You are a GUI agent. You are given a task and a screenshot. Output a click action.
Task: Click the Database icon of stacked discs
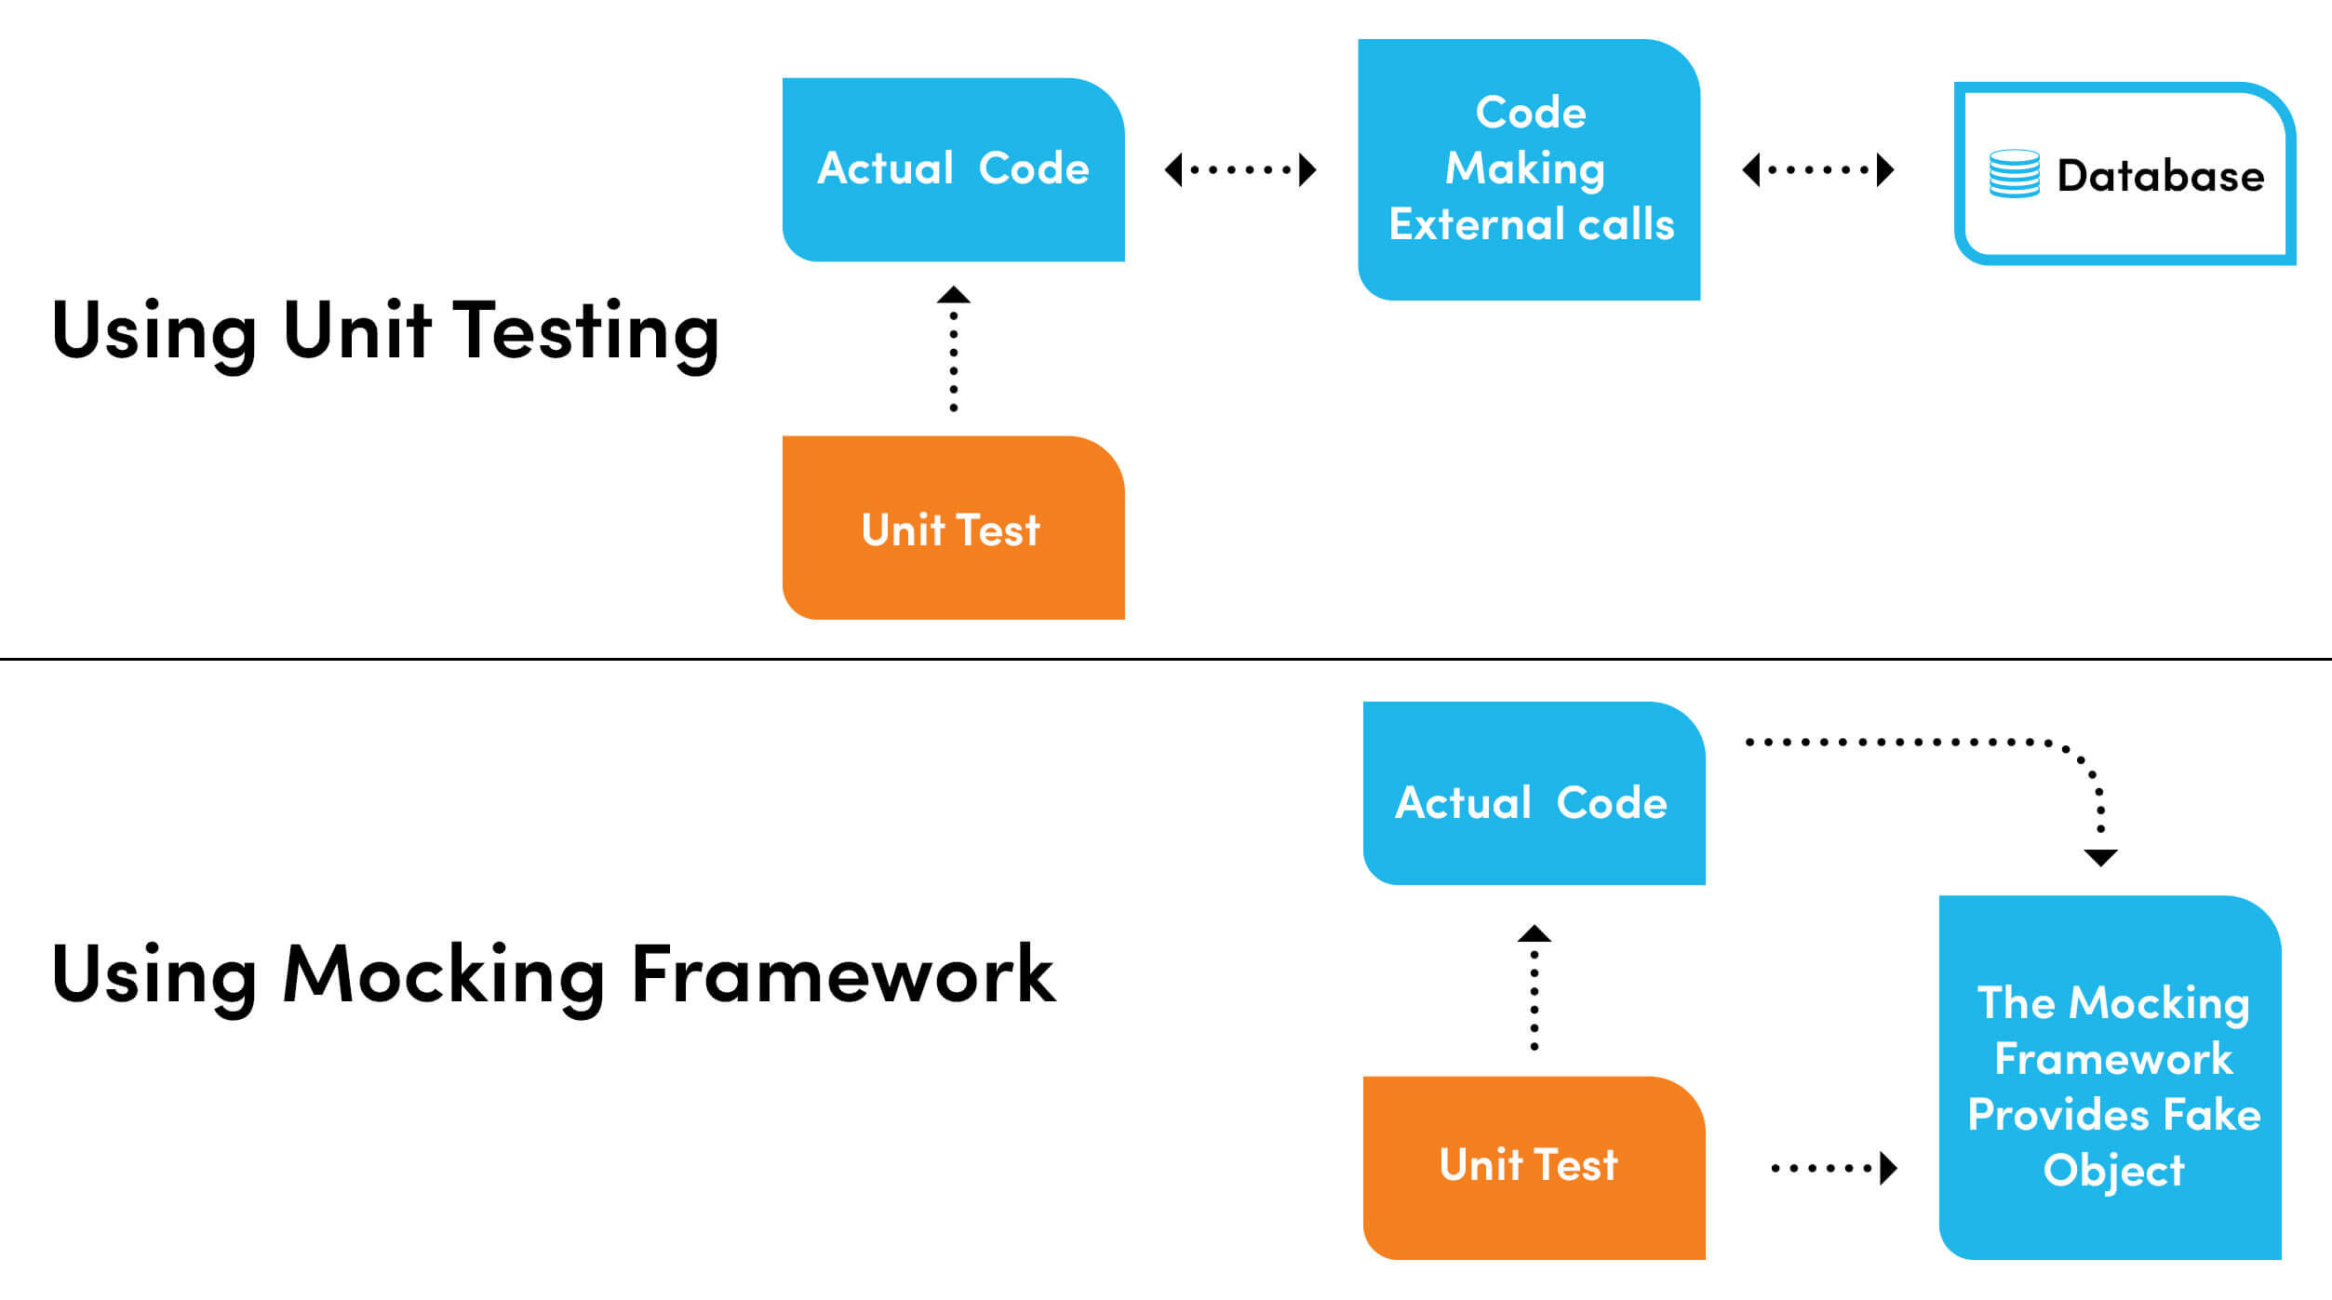tap(2014, 174)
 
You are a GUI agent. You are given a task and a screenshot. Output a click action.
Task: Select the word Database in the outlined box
tap(2160, 176)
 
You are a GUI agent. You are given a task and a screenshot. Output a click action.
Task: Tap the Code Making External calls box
tap(1529, 169)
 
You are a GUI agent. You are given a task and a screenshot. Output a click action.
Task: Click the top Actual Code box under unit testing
tap(953, 169)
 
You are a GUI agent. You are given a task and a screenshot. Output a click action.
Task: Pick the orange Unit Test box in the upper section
tap(953, 528)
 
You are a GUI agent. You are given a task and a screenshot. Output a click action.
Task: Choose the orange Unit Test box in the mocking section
tap(1533, 1167)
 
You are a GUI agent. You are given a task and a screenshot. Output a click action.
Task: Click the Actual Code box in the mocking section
tap(1533, 793)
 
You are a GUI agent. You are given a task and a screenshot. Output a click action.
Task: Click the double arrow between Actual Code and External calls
tap(1240, 169)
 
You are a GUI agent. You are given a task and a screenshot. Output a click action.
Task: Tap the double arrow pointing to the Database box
tap(1817, 169)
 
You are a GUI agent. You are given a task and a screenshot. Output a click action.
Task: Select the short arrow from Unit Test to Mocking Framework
tap(1833, 1167)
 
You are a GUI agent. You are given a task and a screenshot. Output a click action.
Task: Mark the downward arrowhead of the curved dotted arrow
tap(2100, 857)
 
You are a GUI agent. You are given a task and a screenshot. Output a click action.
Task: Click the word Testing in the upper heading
tap(585, 332)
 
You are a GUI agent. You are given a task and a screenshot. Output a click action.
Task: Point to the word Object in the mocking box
tap(2112, 1171)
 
